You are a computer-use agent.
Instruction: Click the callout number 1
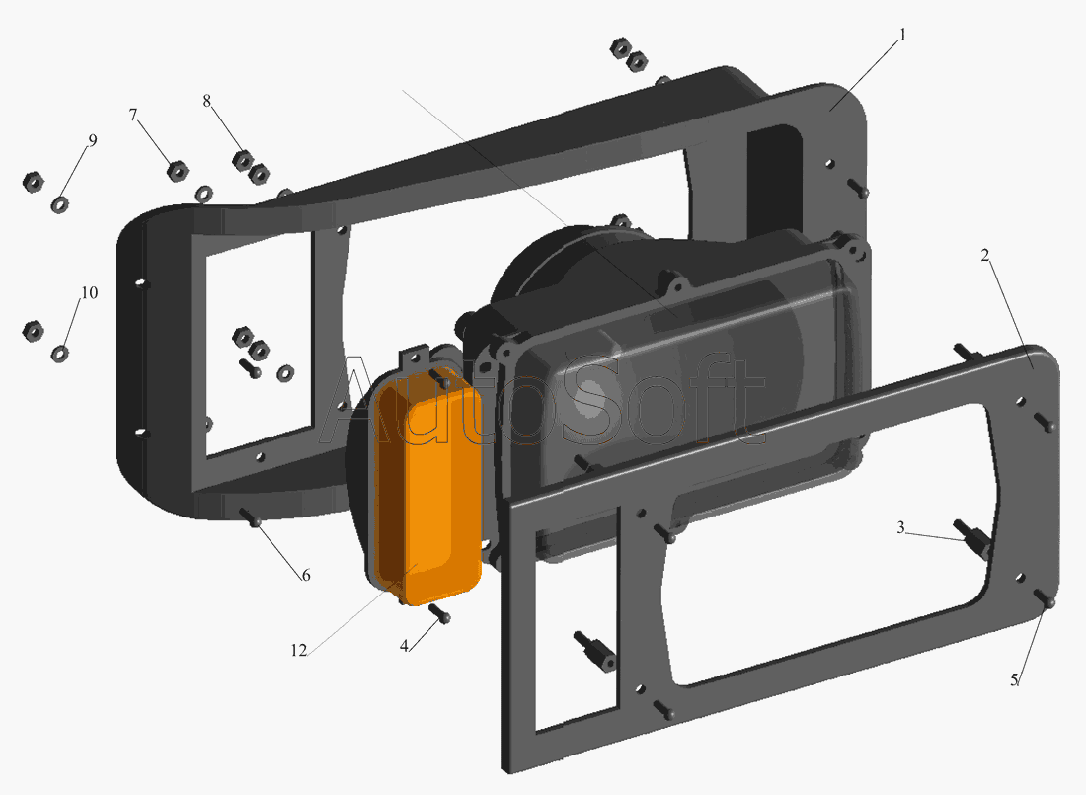pyautogui.click(x=902, y=34)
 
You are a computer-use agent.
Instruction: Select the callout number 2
pyautogui.click(x=985, y=255)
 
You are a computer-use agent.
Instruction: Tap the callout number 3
pyautogui.click(x=900, y=527)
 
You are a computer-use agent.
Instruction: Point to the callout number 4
pyautogui.click(x=404, y=646)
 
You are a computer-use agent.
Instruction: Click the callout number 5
pyautogui.click(x=1014, y=679)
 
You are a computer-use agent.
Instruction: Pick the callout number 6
pyautogui.click(x=305, y=575)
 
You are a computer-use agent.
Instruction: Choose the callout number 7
pyautogui.click(x=133, y=116)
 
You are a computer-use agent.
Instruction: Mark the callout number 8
pyautogui.click(x=207, y=101)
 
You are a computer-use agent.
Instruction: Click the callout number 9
pyautogui.click(x=92, y=140)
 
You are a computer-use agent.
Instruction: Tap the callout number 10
pyautogui.click(x=89, y=292)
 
